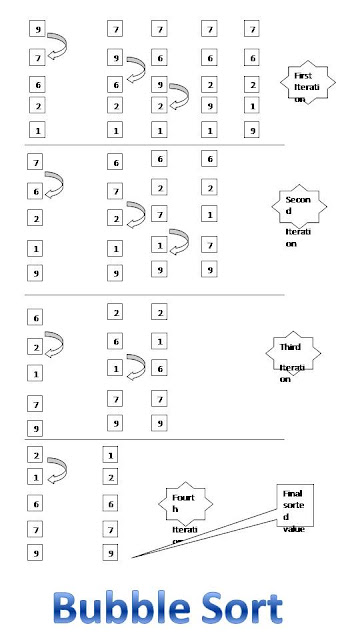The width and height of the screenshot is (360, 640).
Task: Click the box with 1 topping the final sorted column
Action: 110,455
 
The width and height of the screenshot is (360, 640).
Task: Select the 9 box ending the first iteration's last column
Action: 252,129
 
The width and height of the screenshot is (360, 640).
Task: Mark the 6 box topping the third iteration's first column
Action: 37,317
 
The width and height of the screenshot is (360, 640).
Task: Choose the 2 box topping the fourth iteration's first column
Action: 37,455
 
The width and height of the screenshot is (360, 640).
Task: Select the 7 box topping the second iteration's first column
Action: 37,161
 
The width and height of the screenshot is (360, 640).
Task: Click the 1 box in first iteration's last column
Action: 252,106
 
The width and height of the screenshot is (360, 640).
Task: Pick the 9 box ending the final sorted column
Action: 110,552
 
